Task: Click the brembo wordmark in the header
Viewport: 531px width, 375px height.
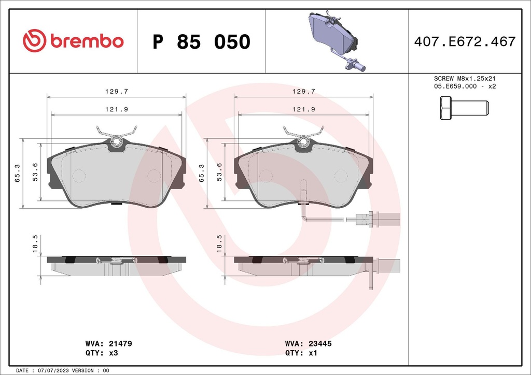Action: (87, 41)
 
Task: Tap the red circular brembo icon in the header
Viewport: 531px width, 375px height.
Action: (35, 41)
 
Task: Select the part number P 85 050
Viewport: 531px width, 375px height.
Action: (201, 42)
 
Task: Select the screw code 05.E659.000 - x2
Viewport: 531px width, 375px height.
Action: (465, 86)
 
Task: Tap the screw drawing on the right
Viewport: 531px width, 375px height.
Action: (464, 108)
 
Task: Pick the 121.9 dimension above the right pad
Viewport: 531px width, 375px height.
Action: (303, 109)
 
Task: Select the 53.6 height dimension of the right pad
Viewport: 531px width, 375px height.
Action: (219, 170)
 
